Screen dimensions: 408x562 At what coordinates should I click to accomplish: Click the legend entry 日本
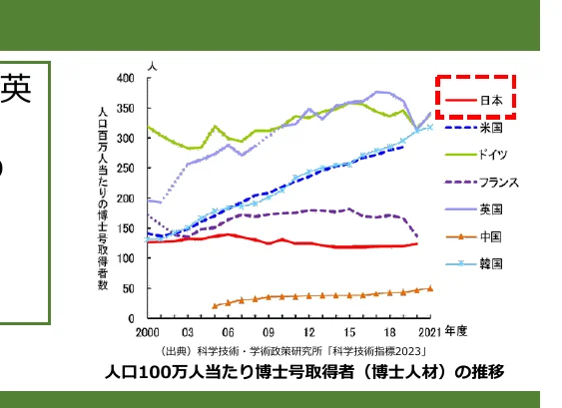(x=490, y=101)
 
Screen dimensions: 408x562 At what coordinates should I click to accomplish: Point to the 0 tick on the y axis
(x=132, y=318)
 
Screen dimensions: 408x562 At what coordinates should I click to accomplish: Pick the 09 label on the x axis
(x=269, y=332)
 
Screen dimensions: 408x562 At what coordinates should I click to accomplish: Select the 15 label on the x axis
(x=349, y=332)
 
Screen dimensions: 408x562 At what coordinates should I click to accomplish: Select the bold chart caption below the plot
(x=304, y=372)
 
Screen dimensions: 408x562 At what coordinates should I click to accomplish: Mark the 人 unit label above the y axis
(x=151, y=63)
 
